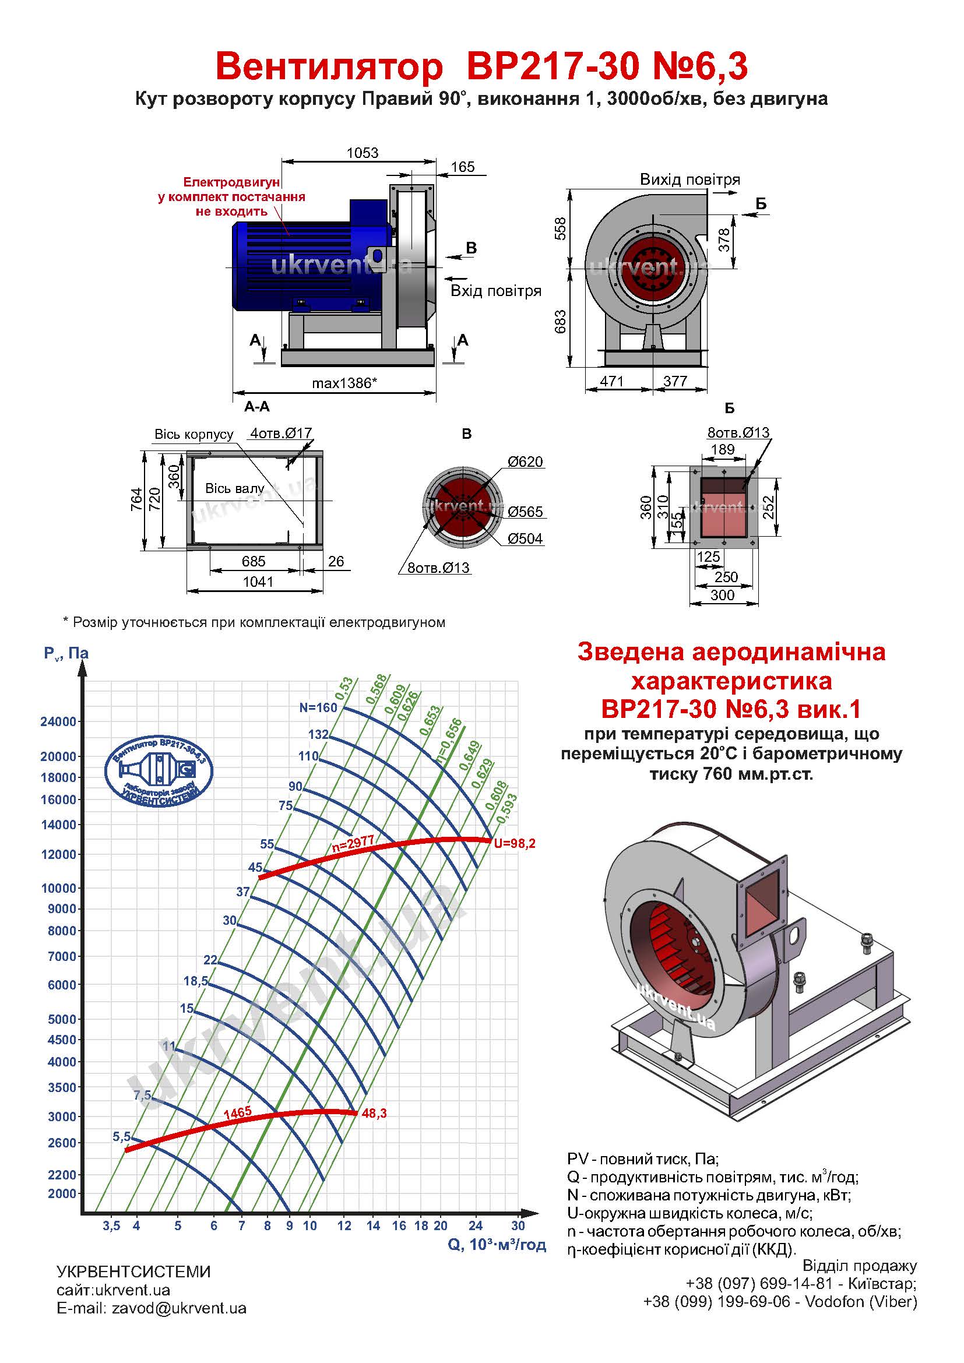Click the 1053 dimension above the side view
pyautogui.click(x=362, y=153)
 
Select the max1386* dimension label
pyautogui.click(x=344, y=383)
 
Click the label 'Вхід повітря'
pyautogui.click(x=495, y=291)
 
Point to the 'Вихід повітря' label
pyautogui.click(x=689, y=179)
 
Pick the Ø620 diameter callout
pyautogui.click(x=525, y=462)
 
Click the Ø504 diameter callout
pyautogui.click(x=525, y=538)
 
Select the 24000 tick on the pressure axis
pyautogui.click(x=58, y=722)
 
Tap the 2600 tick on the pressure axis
pyautogui.click(x=62, y=1143)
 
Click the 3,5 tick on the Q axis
pyautogui.click(x=111, y=1226)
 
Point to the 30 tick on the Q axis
pyautogui.click(x=518, y=1226)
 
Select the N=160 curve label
pyautogui.click(x=318, y=707)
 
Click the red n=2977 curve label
pyautogui.click(x=353, y=844)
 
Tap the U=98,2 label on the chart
pyautogui.click(x=515, y=844)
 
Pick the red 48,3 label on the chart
pyautogui.click(x=374, y=1114)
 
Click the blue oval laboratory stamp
pyautogui.click(x=159, y=772)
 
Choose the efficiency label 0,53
pyautogui.click(x=344, y=690)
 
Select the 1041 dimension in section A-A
pyautogui.click(x=258, y=582)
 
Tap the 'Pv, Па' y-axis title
pyautogui.click(x=66, y=654)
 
